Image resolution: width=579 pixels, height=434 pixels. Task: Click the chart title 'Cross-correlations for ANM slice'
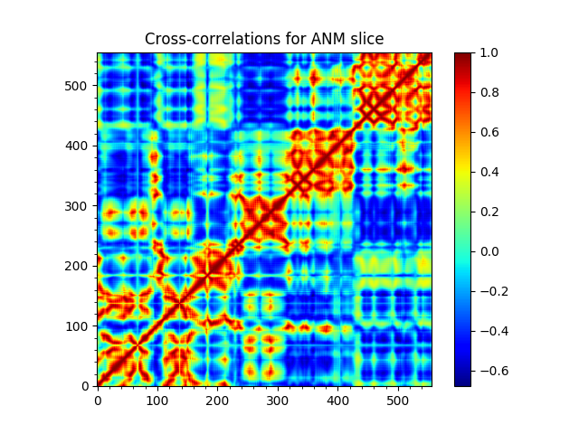[264, 40]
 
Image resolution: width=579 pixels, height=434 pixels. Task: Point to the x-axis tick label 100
[157, 400]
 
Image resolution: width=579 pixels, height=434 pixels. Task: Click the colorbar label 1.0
[488, 52]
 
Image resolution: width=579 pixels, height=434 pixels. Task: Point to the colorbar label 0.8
[488, 92]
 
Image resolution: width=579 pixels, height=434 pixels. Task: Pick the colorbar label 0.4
[488, 172]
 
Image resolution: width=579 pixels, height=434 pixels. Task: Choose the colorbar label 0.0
[488, 251]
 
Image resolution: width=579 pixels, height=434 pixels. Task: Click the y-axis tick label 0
[88, 386]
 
